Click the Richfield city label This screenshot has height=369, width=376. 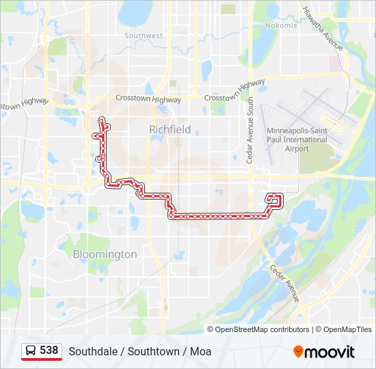pyautogui.click(x=170, y=128)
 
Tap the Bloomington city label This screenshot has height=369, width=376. pyautogui.click(x=105, y=254)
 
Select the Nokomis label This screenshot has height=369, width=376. pyautogui.click(x=281, y=25)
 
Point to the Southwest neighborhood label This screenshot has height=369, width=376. pyautogui.click(x=144, y=36)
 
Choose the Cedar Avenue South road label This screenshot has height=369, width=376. pyautogui.click(x=250, y=129)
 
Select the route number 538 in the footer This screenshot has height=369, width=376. pyautogui.click(x=49, y=350)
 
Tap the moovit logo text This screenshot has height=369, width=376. pyautogui.click(x=330, y=352)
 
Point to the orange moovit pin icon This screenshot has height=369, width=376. pyautogui.click(x=299, y=351)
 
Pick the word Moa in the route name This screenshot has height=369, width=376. pyautogui.click(x=200, y=352)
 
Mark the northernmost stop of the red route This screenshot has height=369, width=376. pyautogui.click(x=102, y=120)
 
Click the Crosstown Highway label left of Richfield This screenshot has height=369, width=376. pyautogui.click(x=148, y=99)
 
